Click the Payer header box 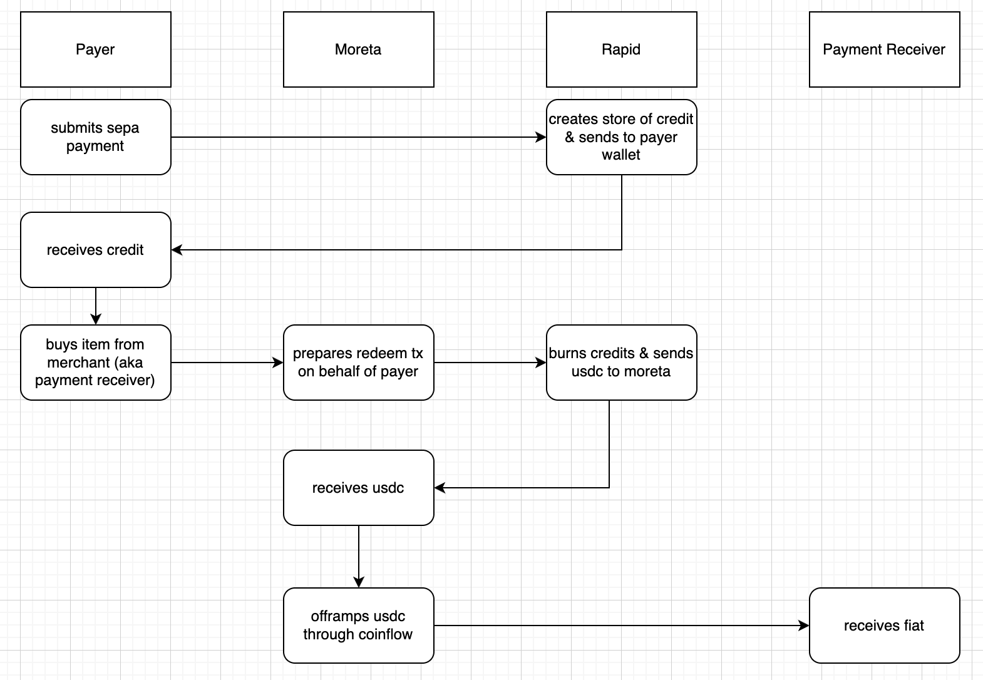coord(95,49)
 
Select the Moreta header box coord(358,49)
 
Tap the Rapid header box coord(621,49)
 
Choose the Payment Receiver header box coord(884,49)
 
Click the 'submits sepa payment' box coord(95,137)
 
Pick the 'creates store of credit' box coord(621,137)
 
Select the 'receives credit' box coord(95,250)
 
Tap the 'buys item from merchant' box coord(95,363)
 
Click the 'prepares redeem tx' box coord(358,363)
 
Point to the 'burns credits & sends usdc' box coord(621,363)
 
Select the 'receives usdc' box coord(358,488)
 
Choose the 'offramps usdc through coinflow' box coord(358,626)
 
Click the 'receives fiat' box coord(884,626)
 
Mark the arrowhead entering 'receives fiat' coord(804,626)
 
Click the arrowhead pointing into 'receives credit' coord(177,250)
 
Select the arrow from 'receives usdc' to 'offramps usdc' coord(359,556)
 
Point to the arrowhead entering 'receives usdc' coord(440,488)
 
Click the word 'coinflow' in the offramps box coord(387,634)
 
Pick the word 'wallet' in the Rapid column coord(621,155)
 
